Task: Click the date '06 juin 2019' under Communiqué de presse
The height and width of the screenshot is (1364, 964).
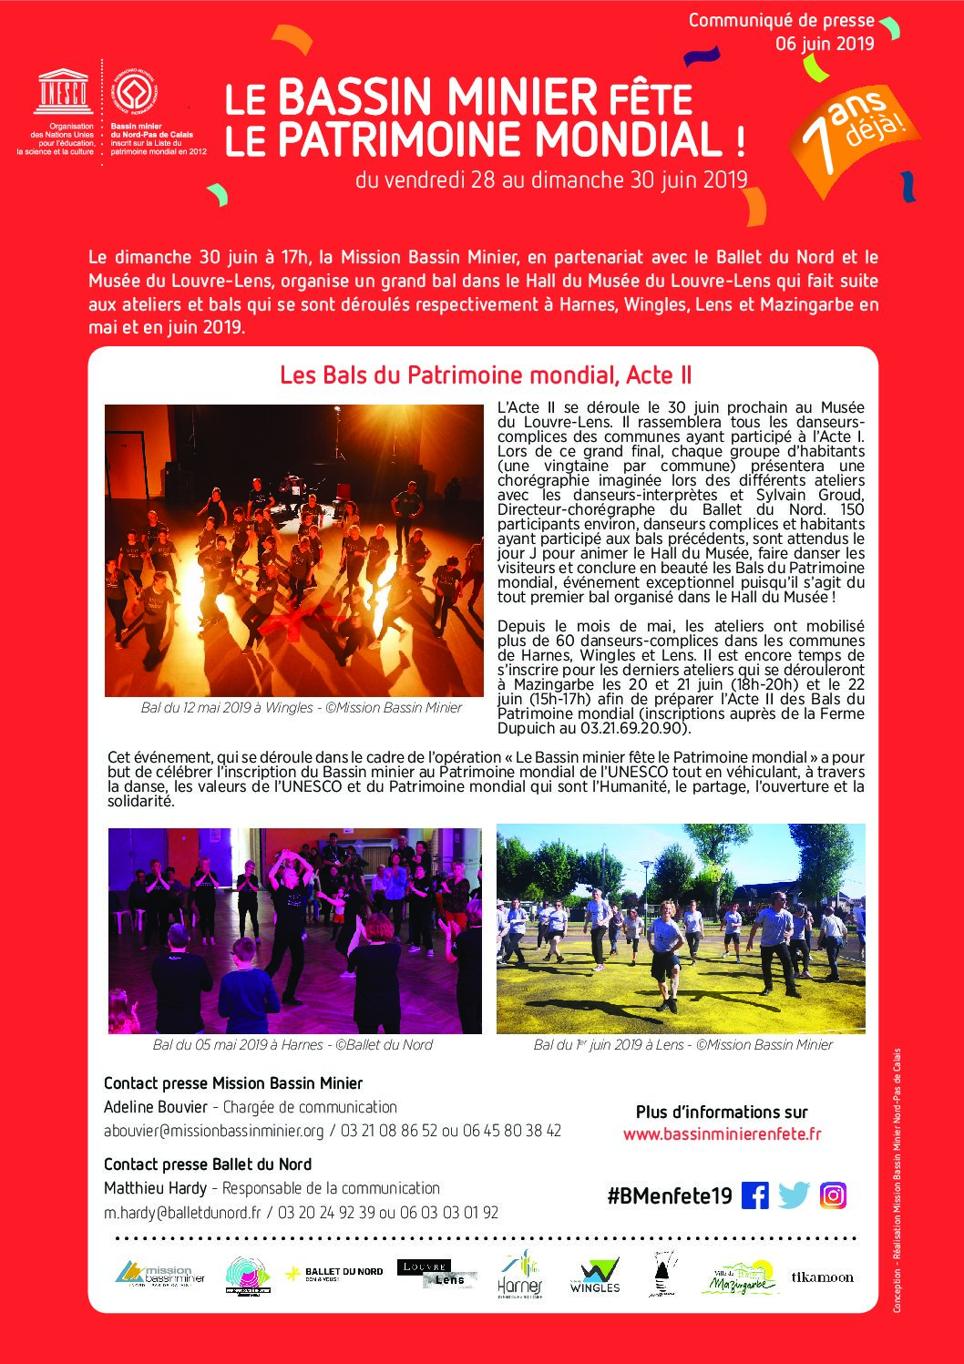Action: pos(825,44)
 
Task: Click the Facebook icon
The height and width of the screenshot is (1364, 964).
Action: pos(754,1195)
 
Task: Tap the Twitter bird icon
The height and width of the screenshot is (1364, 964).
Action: pos(794,1195)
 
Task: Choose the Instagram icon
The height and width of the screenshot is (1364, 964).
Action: pos(833,1195)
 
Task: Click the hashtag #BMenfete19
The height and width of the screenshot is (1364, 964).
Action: pos(670,1195)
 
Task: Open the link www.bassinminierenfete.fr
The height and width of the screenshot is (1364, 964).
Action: pos(722,1134)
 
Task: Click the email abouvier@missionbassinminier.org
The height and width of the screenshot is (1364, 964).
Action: pos(214,1131)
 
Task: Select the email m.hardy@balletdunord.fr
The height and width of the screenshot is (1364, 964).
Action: pos(182,1213)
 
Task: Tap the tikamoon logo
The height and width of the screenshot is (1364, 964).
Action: pos(823,1277)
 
